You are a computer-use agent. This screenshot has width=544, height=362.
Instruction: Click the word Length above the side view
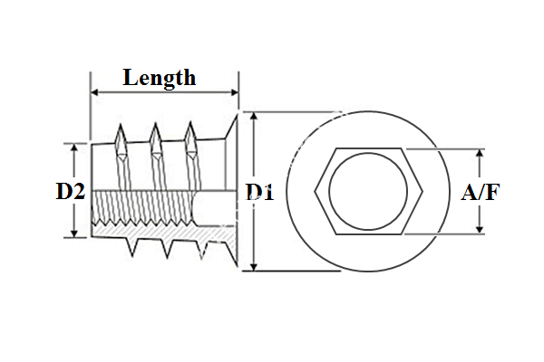(x=160, y=78)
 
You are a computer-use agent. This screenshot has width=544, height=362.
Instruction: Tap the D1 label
(x=260, y=191)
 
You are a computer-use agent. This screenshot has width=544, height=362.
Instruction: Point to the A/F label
(x=481, y=192)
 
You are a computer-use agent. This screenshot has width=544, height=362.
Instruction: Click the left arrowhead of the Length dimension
(x=94, y=91)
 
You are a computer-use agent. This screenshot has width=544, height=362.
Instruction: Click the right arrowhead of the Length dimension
(x=234, y=91)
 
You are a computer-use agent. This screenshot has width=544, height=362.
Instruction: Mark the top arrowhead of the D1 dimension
(x=255, y=117)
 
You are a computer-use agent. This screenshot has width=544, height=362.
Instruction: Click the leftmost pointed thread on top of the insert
(x=120, y=131)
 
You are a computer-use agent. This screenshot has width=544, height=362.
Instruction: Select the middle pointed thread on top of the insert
(x=155, y=131)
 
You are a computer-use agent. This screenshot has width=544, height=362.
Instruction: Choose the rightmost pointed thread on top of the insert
(x=190, y=131)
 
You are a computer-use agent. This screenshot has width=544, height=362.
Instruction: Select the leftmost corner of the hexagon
(x=316, y=191)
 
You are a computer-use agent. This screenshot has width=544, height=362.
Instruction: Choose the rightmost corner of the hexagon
(x=420, y=191)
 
